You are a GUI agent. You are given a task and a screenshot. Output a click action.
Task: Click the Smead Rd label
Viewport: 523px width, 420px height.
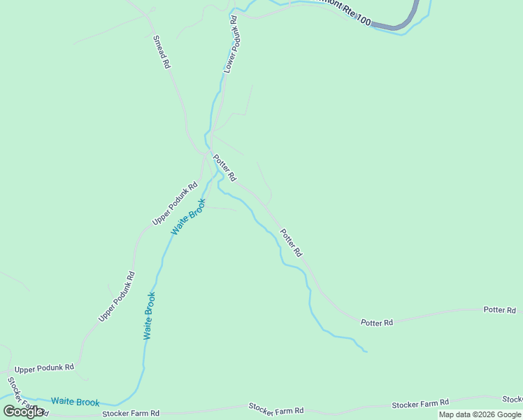(x=161, y=51)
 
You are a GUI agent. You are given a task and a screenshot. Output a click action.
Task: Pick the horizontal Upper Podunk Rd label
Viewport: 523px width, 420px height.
(x=43, y=367)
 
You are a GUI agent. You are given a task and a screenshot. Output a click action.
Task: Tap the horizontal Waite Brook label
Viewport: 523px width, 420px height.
(x=75, y=402)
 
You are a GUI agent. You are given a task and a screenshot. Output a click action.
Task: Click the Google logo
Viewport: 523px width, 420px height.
(x=23, y=411)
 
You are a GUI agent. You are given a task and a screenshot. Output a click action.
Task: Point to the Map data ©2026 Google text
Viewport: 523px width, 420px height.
(x=480, y=414)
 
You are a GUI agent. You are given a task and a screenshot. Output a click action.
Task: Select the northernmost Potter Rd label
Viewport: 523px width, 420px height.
(x=225, y=167)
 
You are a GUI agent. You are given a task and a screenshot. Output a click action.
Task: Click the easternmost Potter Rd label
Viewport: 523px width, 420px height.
(x=499, y=309)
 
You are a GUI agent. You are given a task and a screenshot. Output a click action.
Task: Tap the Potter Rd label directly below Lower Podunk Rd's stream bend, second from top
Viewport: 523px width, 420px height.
(x=291, y=242)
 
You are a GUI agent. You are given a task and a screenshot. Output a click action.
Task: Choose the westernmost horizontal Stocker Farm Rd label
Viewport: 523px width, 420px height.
(x=131, y=414)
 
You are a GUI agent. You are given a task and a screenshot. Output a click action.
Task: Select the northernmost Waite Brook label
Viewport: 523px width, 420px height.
(x=189, y=217)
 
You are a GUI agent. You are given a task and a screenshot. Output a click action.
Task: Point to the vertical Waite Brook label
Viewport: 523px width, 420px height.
(x=149, y=316)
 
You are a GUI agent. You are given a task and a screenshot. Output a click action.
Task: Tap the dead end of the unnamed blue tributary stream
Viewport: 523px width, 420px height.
(x=366, y=351)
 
